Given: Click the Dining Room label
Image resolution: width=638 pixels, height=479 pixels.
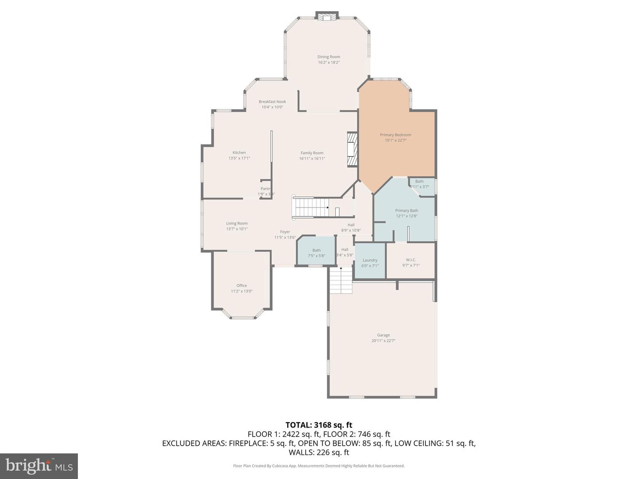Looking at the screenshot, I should [x=328, y=57].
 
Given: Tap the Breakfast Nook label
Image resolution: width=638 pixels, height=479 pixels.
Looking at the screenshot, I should [x=272, y=102].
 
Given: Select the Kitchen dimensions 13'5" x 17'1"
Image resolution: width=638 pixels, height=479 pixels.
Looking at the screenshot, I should [x=239, y=158].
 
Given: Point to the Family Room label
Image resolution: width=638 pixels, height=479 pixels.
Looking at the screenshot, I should [x=312, y=153].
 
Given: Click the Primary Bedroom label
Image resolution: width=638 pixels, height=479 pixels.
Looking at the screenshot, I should [x=395, y=135].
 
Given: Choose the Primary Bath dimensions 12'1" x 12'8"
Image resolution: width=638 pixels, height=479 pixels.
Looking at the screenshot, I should [x=406, y=216].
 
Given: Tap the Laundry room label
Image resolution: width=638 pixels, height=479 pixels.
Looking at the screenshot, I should [x=370, y=260].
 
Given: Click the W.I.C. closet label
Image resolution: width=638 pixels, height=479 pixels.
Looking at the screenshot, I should [x=411, y=260].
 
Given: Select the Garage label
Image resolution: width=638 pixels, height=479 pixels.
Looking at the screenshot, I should [x=383, y=335].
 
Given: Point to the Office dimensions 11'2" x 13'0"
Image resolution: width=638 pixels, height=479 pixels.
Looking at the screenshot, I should [x=241, y=291].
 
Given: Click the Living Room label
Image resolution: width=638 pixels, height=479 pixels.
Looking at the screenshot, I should [x=237, y=224].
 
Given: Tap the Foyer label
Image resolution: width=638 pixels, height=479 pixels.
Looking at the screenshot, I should [x=285, y=232].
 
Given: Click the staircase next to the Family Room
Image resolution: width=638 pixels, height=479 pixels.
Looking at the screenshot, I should [x=311, y=207].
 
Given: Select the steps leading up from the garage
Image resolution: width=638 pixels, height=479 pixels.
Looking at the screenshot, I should [x=341, y=280].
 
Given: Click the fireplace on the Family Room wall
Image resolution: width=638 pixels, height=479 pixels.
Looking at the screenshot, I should [x=352, y=149].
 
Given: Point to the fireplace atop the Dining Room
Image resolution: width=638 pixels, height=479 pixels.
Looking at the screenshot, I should [x=327, y=17].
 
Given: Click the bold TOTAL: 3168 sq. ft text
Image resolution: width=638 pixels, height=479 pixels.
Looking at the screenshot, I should [x=319, y=425].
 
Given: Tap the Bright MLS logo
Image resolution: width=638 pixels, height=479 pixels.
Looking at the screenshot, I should [x=39, y=466].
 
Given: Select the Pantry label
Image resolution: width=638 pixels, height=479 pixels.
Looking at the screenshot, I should [x=265, y=189].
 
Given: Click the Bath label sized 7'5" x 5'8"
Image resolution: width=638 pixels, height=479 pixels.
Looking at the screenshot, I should [x=316, y=250].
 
